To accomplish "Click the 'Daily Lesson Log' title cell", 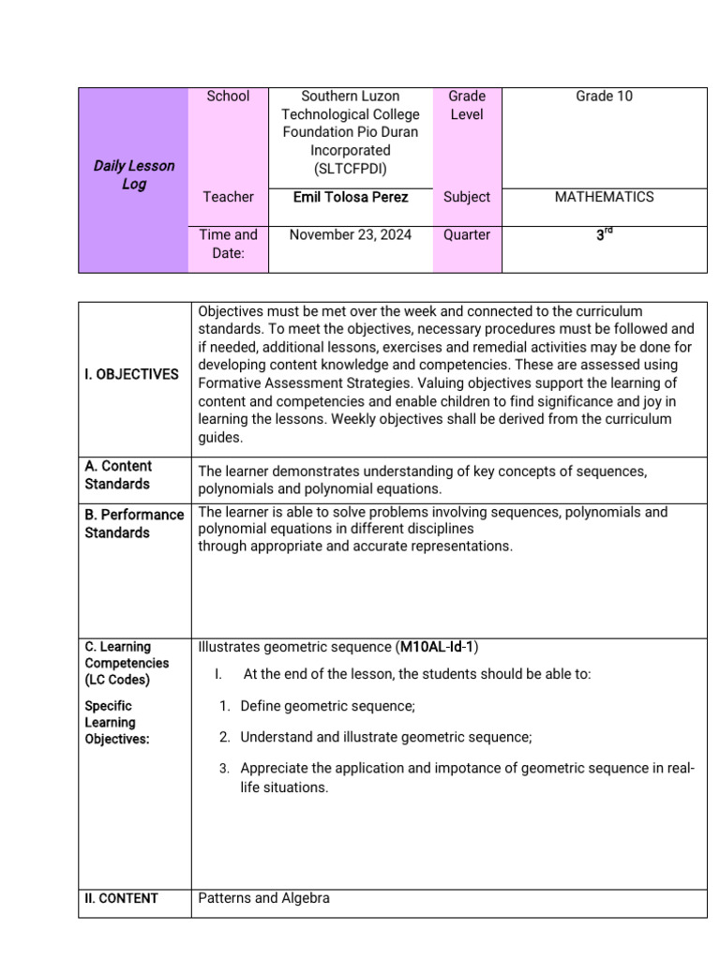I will pyautogui.click(x=133, y=175).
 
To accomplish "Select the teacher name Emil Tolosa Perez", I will pyautogui.click(x=351, y=197).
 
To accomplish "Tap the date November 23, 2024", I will pyautogui.click(x=351, y=235).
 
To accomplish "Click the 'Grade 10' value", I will pyautogui.click(x=604, y=96).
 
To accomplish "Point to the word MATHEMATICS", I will pyautogui.click(x=604, y=197).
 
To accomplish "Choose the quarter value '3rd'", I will pyautogui.click(x=604, y=236).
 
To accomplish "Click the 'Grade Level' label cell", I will pyautogui.click(x=467, y=105).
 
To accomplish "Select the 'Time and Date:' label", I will pyautogui.click(x=228, y=245).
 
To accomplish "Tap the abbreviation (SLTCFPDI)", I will pyautogui.click(x=351, y=168).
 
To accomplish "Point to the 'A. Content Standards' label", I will pyautogui.click(x=118, y=475).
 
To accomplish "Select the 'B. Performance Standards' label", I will pyautogui.click(x=134, y=524).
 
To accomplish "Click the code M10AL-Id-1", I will pyautogui.click(x=438, y=647).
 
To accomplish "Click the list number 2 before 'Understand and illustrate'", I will pyautogui.click(x=225, y=737).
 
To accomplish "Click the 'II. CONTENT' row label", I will pyautogui.click(x=121, y=898).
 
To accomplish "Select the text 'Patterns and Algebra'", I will pyautogui.click(x=263, y=898).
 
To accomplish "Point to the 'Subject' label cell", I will pyautogui.click(x=467, y=197).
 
